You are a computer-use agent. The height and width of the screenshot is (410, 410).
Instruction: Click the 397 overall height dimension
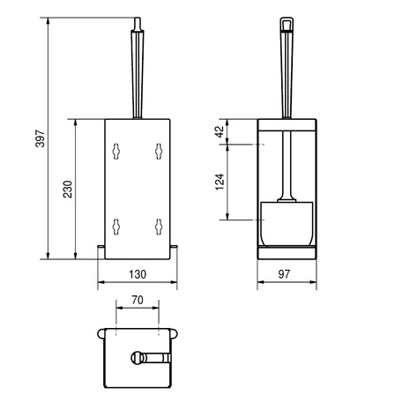point(41,138)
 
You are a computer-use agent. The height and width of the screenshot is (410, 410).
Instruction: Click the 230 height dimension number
point(68,189)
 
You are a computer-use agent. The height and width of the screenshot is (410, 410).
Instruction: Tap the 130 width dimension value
point(138,274)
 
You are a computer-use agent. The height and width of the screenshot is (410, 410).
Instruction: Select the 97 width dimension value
point(284,274)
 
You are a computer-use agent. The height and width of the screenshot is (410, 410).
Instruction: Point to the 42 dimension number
point(220,131)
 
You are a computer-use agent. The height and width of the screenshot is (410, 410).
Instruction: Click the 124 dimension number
point(220,182)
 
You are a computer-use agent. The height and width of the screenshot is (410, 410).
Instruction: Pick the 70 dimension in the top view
point(138,300)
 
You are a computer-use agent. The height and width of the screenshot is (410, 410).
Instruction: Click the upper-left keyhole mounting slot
point(116,152)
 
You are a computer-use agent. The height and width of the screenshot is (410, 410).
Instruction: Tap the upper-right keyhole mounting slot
point(159,152)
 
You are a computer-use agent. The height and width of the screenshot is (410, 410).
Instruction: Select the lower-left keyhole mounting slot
point(116,227)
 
